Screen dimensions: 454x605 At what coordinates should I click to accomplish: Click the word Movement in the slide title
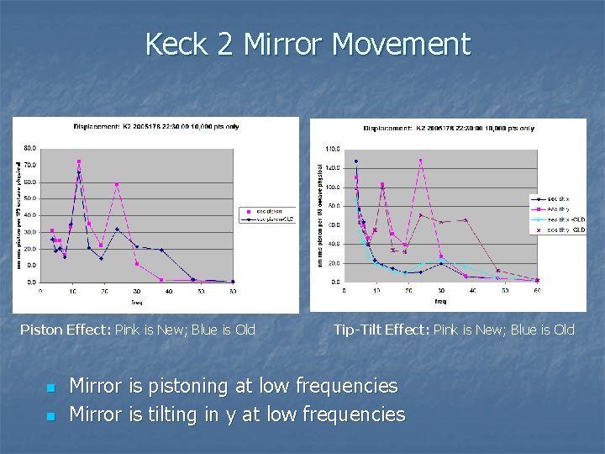click(x=402, y=44)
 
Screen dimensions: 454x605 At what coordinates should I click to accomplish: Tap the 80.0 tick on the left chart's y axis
click(x=29, y=149)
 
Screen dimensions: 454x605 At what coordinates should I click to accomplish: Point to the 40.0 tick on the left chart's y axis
click(x=29, y=215)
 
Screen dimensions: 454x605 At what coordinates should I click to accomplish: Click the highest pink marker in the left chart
click(x=79, y=161)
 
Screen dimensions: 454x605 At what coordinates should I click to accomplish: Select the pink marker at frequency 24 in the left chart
click(x=117, y=185)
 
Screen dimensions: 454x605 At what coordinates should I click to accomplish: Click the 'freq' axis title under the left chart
click(x=136, y=300)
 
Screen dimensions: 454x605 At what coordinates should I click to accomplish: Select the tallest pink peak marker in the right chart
click(x=420, y=161)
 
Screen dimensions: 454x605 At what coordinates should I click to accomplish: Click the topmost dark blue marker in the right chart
click(x=355, y=161)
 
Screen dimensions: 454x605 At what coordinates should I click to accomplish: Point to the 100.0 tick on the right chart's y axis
click(x=334, y=187)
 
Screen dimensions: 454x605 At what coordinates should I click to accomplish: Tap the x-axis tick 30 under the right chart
click(x=440, y=291)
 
